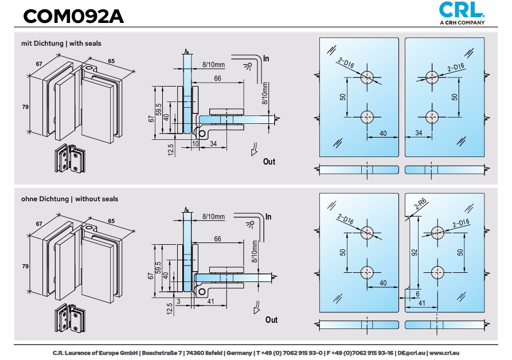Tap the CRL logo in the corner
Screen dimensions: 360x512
461,11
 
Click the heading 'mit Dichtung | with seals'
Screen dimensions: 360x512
62,43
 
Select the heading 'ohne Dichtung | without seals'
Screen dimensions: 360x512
70,199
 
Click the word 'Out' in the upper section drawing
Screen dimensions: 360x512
269,162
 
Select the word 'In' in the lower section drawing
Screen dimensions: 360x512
268,217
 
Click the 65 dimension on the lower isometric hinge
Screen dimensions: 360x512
111,220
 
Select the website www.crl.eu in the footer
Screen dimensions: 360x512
443,353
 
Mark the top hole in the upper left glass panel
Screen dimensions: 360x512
368,77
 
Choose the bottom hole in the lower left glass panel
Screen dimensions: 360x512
368,272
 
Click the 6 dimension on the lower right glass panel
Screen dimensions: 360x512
417,294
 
